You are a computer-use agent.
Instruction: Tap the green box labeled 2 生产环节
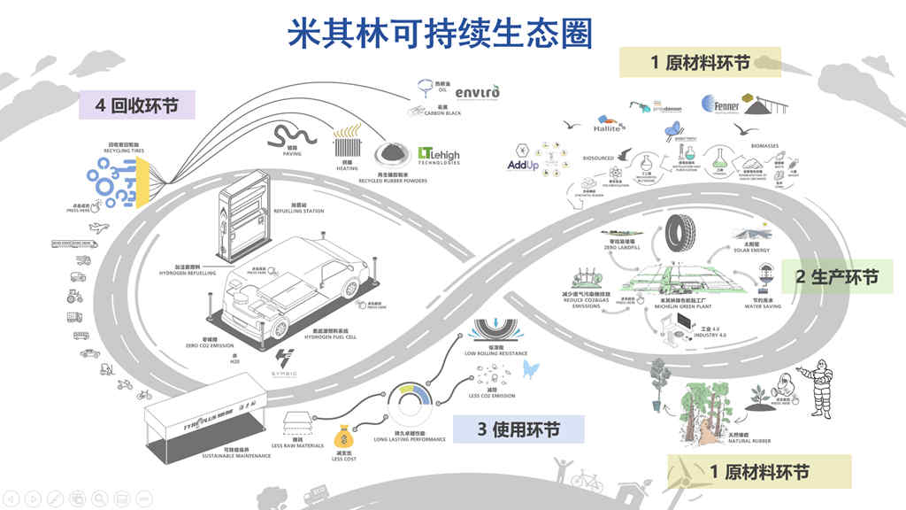click(x=836, y=277)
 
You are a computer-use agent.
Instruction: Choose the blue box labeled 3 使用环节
click(x=518, y=429)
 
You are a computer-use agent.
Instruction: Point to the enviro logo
click(x=482, y=92)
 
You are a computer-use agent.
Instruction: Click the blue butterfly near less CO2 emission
click(x=530, y=368)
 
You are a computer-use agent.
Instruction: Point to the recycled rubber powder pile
click(x=391, y=152)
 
